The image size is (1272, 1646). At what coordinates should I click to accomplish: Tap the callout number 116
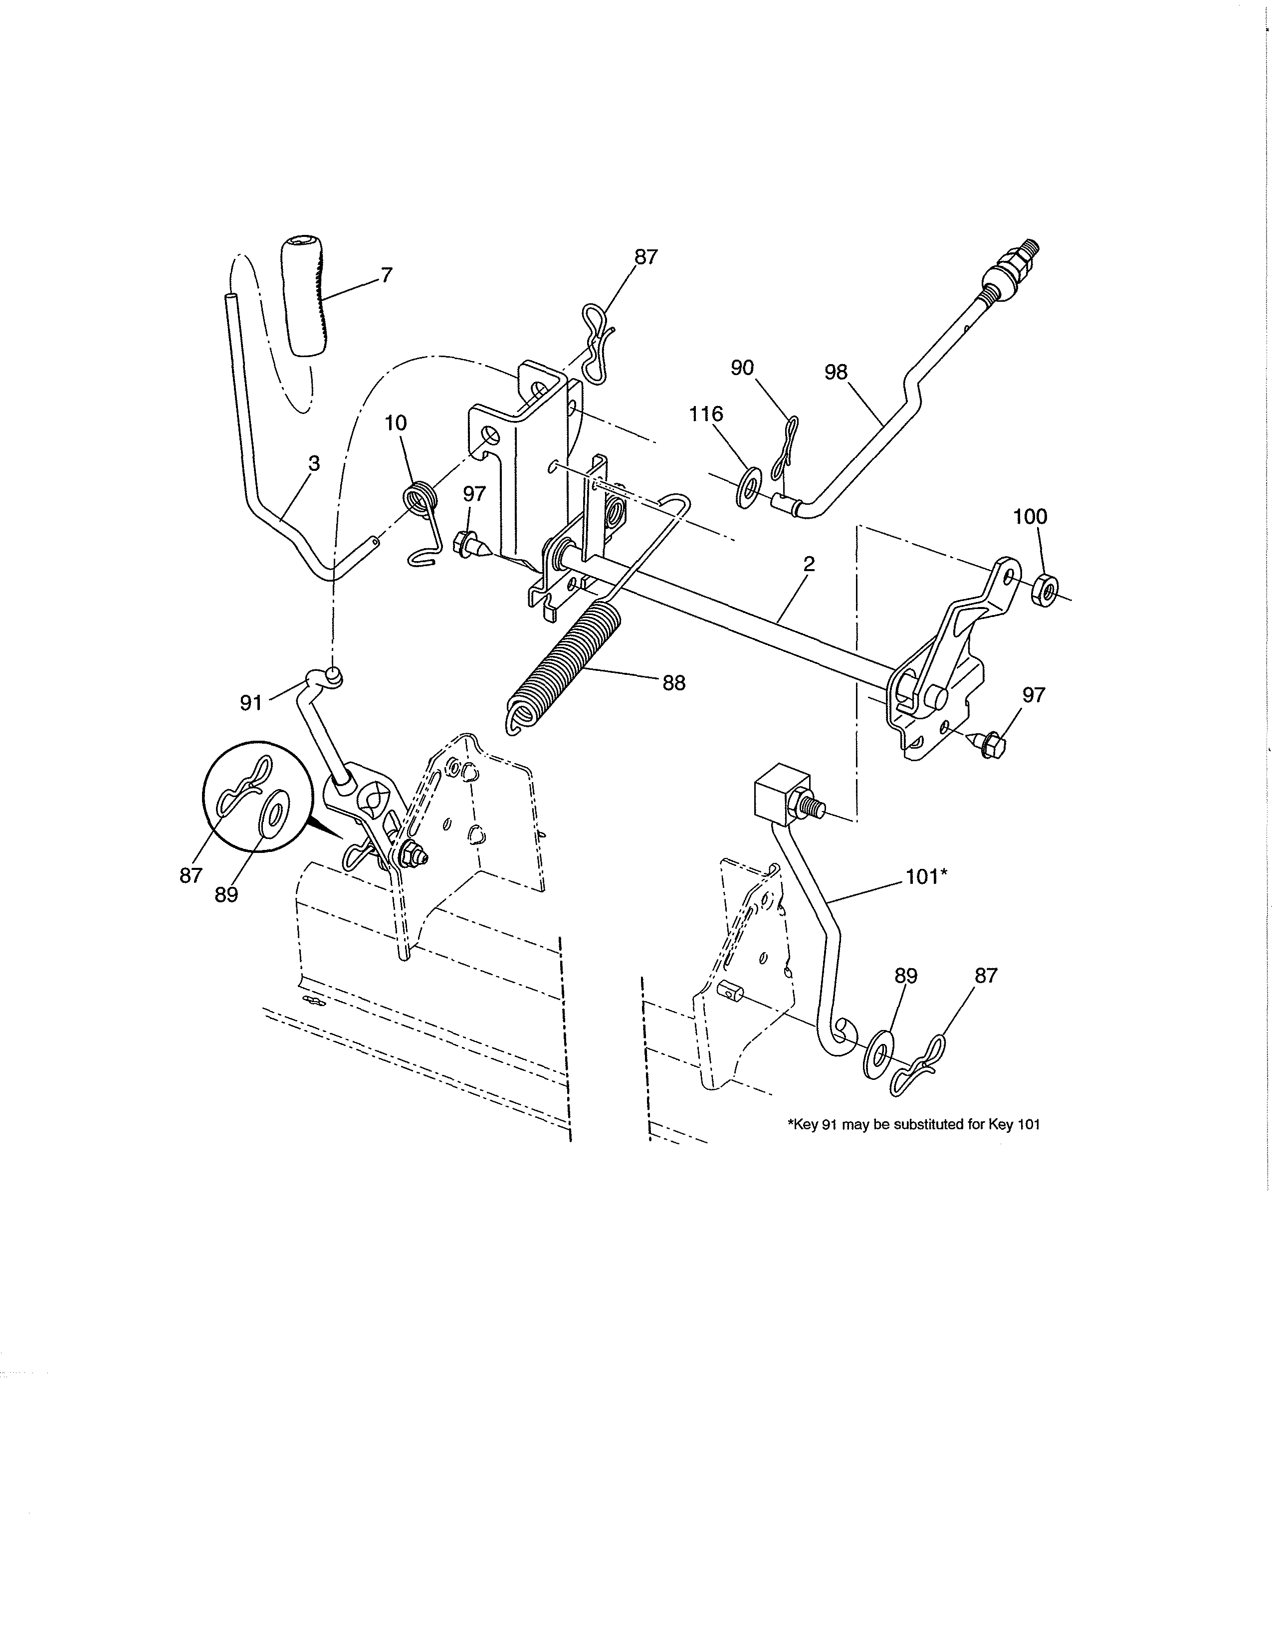coord(706,414)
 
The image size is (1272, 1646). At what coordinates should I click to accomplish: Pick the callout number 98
coord(836,372)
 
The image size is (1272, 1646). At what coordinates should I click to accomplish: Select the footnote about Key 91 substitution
coord(913,1146)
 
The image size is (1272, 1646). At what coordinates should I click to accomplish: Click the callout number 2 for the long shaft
coord(809,564)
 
